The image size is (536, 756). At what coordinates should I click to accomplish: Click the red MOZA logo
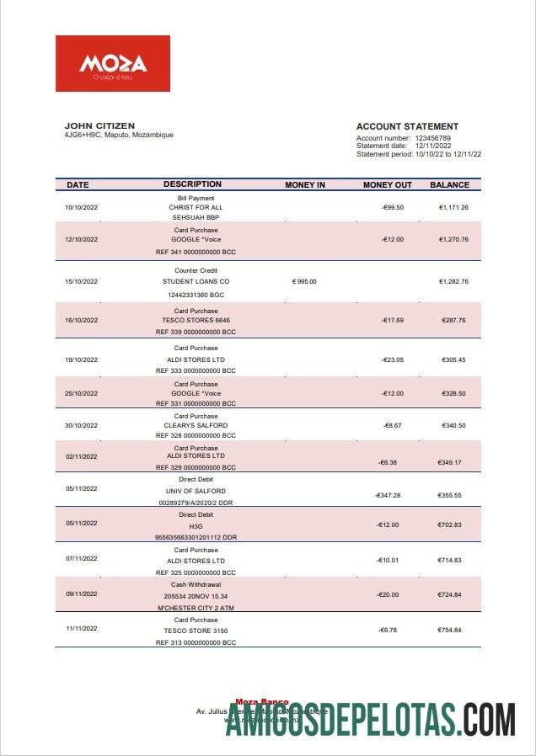113,64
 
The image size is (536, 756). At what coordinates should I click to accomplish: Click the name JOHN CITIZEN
99,126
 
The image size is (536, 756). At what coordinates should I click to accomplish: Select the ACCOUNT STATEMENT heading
407,127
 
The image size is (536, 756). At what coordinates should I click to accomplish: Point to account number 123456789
432,138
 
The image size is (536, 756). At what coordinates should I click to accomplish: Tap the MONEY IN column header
305,184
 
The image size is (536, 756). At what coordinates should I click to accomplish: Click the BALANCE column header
449,184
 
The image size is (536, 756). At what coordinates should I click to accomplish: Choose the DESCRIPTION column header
192,184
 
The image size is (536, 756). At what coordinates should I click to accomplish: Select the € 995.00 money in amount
304,281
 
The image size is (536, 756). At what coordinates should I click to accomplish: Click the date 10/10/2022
82,207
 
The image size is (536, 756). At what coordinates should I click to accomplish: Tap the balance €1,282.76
453,281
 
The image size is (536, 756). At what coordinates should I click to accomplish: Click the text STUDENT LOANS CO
196,281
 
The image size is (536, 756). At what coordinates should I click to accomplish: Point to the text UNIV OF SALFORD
196,491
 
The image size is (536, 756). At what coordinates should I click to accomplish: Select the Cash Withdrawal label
196,584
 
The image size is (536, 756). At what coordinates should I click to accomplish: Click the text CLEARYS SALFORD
196,426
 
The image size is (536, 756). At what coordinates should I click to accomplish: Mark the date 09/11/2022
82,595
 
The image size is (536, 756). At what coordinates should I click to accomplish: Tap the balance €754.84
451,629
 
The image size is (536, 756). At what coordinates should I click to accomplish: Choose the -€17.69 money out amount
392,321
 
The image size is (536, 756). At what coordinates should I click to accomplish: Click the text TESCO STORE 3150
196,631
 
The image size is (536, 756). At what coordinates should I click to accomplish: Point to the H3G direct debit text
196,525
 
